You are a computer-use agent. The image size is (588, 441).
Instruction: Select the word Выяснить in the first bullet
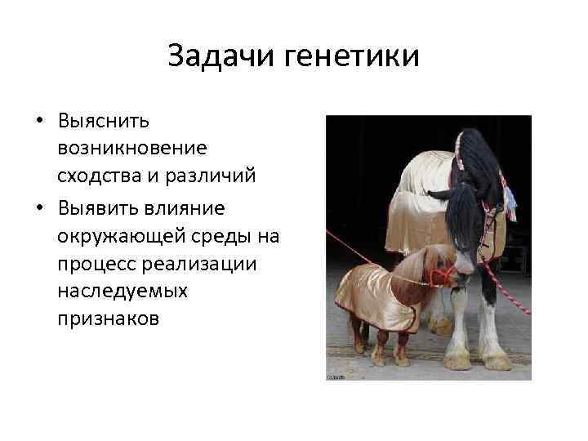[104, 122]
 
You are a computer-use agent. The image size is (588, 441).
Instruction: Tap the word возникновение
[132, 149]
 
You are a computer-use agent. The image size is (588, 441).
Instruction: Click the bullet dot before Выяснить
[39, 122]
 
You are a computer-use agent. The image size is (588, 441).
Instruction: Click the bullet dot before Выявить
[39, 208]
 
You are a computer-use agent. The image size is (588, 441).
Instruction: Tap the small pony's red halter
[442, 274]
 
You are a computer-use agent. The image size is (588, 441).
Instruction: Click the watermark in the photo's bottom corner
[336, 376]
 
